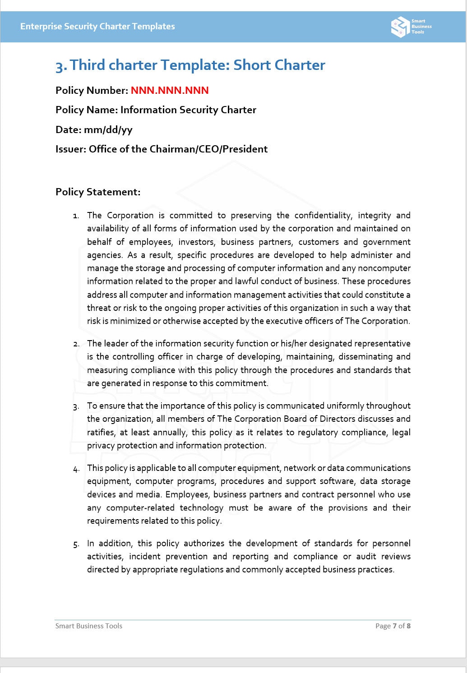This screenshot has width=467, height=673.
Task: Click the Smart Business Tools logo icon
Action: point(400,27)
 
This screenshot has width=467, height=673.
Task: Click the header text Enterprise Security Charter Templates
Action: point(97,27)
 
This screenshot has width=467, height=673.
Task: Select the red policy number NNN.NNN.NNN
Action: point(170,91)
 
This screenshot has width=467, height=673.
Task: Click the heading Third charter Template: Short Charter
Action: point(190,65)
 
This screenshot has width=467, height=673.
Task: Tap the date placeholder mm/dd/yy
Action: point(108,130)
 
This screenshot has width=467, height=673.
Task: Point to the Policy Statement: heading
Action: point(98,192)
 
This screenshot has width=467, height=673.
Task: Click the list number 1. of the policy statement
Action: point(76,216)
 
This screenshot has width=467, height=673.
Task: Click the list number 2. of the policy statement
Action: point(76,344)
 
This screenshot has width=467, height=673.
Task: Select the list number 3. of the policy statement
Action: point(76,406)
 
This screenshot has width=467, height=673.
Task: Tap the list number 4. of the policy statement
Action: point(76,469)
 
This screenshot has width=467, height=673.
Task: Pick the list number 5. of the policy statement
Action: point(76,544)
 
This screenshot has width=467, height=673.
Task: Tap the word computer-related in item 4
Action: point(140,508)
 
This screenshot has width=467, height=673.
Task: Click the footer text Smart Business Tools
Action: point(89,626)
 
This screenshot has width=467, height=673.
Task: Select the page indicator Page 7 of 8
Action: point(393,626)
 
